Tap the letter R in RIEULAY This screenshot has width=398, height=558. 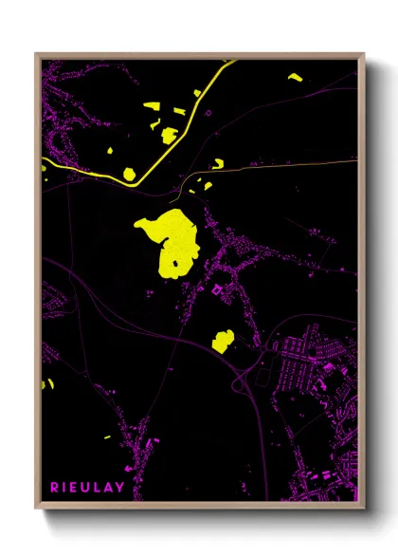54,488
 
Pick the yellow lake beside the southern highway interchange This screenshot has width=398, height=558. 223,340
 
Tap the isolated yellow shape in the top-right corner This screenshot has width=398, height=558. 295,77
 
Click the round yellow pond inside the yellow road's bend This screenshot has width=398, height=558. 130,174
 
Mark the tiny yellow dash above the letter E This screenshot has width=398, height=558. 107,436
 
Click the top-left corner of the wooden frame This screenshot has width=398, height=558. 37,55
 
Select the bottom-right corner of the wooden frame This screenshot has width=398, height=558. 362,506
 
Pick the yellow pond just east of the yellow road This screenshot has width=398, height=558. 217,164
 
